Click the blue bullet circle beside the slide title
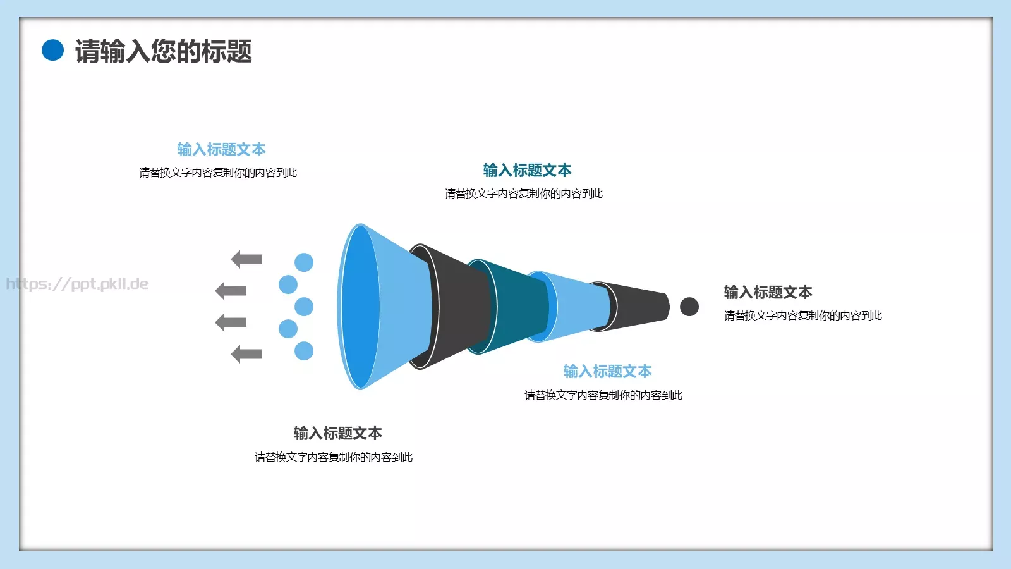[53, 51]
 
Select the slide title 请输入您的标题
[164, 51]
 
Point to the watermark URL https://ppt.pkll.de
[77, 284]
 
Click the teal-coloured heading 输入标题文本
[527, 170]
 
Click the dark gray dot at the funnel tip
[689, 307]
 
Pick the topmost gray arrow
[246, 259]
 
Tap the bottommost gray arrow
[246, 354]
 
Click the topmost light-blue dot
[304, 262]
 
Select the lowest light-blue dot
[304, 351]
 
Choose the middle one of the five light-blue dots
[304, 307]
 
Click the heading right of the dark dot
[768, 292]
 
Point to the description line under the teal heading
[524, 193]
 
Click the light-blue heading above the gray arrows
[221, 149]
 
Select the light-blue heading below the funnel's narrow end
[607, 371]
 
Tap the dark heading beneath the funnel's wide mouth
[337, 433]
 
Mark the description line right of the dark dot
[803, 315]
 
